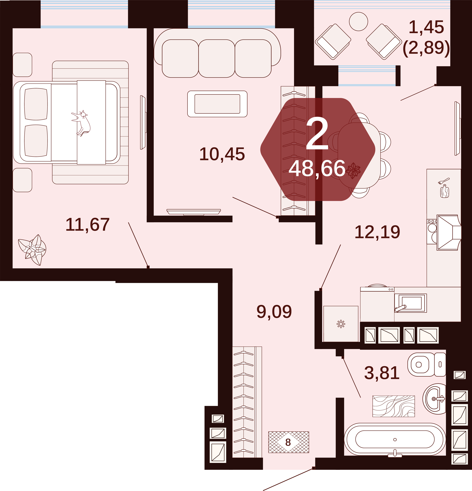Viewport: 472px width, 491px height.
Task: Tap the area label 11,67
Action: (87, 225)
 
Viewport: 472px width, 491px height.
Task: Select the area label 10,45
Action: (222, 154)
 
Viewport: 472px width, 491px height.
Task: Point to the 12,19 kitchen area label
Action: (377, 232)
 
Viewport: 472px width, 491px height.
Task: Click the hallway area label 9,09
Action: (274, 312)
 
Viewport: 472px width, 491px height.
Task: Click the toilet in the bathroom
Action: (427, 365)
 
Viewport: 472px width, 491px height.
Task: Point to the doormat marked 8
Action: (289, 442)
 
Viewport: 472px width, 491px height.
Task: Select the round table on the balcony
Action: (358, 22)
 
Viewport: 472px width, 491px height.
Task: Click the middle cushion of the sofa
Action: (217, 59)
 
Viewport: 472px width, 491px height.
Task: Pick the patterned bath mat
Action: (394, 406)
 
